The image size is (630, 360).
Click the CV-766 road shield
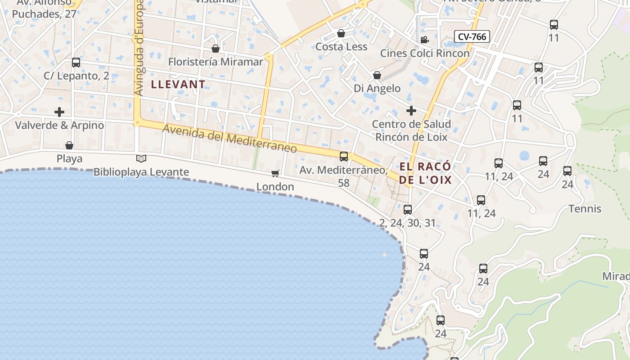tap(472, 36)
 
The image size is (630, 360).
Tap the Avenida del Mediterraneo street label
tap(229, 139)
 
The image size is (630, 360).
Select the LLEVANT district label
tap(178, 84)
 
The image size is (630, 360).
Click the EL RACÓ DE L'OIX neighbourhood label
tap(425, 173)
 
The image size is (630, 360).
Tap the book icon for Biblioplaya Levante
tap(141, 158)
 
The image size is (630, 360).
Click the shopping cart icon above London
tap(275, 173)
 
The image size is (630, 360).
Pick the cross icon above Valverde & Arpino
tap(59, 112)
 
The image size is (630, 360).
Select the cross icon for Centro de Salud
tap(411, 110)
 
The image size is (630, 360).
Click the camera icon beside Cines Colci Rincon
tap(424, 40)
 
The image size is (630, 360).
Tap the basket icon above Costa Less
tap(341, 33)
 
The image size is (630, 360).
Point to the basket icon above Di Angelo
tap(377, 75)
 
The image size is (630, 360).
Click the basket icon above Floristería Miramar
tap(216, 49)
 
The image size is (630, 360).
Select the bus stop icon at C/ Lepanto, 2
tap(76, 63)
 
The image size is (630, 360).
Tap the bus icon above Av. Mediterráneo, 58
tap(344, 157)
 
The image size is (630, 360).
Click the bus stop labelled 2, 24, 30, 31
tap(408, 210)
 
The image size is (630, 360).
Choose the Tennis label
tap(585, 209)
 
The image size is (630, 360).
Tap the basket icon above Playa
tap(69, 145)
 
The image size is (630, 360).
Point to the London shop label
tap(275, 186)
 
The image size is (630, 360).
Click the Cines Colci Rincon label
tap(425, 53)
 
